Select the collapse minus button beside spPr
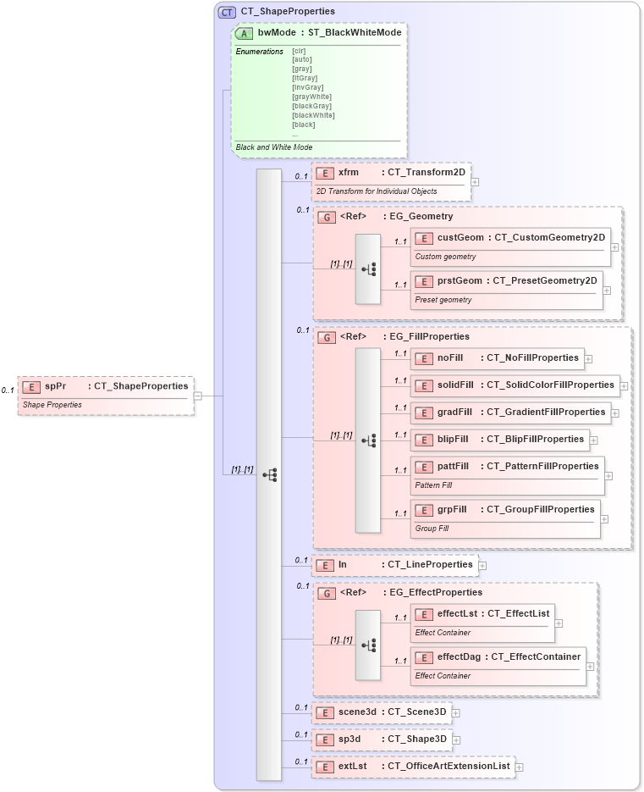coord(197,396)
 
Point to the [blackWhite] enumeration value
coord(313,115)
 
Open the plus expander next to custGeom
coord(614,247)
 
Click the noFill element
coord(497,358)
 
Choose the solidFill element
coord(515,385)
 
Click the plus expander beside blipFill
coord(594,440)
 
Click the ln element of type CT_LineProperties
coord(394,565)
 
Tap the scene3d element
coord(382,712)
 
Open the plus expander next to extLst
coord(520,767)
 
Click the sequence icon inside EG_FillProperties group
coord(368,440)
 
